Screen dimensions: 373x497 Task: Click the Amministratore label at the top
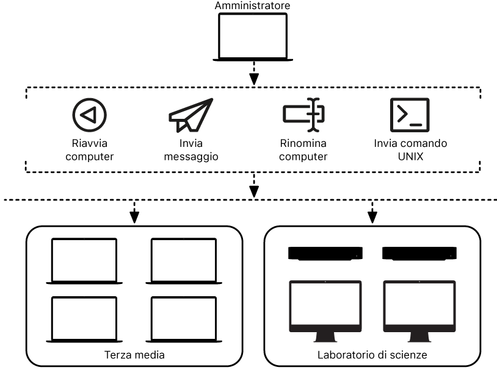coord(253,5)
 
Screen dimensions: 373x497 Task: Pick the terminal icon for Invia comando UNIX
coord(410,114)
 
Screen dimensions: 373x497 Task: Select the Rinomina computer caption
coord(303,150)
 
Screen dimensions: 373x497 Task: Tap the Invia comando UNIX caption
coord(410,150)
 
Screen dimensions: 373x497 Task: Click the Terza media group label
coord(134,355)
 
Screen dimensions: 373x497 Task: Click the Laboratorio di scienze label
coord(372,355)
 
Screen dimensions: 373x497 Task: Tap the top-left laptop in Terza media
coord(84,260)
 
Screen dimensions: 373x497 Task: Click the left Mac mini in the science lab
coord(325,253)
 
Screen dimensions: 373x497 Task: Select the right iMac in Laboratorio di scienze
coord(419,308)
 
